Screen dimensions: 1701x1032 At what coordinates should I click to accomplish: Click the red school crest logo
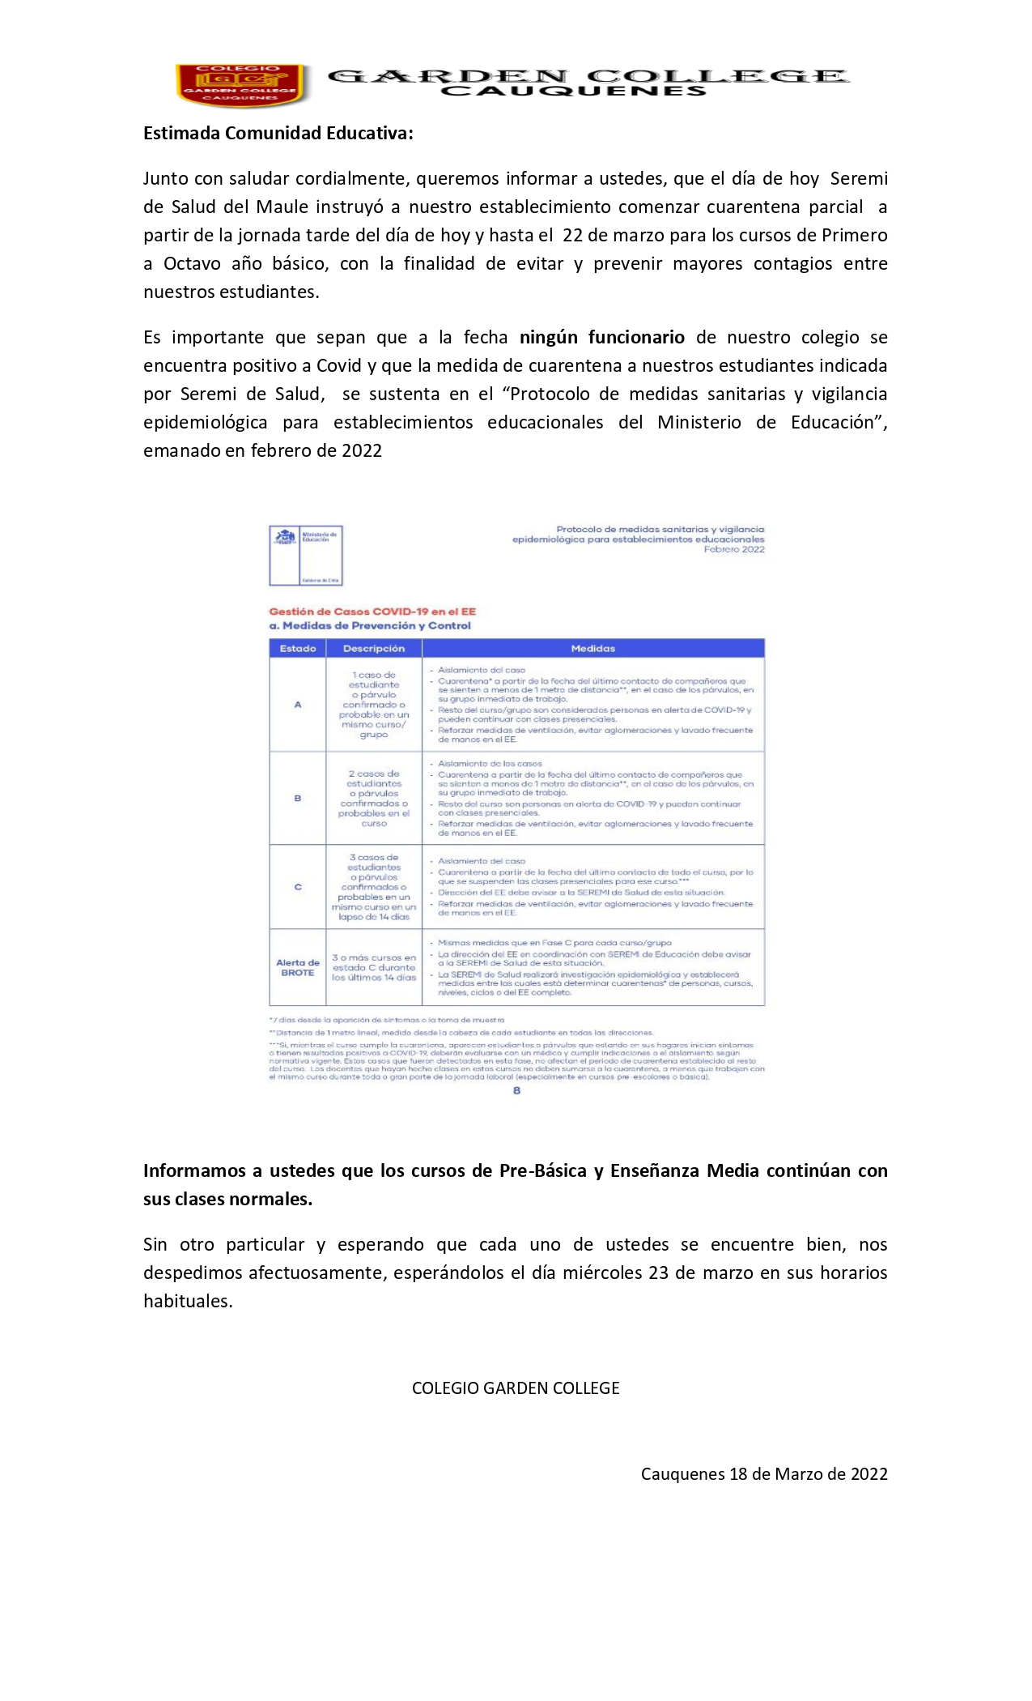coord(240,84)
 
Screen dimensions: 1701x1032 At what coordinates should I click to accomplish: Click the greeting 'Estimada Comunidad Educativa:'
coord(278,134)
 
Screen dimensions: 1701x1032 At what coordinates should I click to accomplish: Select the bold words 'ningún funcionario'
coord(601,337)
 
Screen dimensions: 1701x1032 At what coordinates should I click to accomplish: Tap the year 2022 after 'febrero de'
coord(361,451)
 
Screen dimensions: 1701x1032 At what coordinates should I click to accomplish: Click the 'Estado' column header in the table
coord(297,648)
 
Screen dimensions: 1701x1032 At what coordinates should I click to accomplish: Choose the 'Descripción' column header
coord(374,648)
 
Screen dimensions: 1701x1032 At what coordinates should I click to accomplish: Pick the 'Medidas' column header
coord(592,648)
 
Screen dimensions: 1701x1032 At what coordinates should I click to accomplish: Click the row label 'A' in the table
coord(297,705)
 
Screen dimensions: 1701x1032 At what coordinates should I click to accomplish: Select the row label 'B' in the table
coord(297,798)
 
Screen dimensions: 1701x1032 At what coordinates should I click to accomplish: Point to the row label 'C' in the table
coord(297,887)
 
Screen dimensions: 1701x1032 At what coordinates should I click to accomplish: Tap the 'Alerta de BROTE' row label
coord(297,967)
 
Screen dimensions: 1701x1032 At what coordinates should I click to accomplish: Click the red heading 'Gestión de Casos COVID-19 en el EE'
coord(372,612)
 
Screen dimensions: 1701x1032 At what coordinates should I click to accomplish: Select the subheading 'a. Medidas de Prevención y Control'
coord(369,625)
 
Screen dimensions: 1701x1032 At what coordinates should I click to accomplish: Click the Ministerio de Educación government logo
coord(306,555)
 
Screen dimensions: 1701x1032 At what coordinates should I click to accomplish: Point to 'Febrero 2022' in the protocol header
coord(733,549)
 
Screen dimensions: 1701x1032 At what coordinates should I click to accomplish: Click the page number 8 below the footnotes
coord(516,1090)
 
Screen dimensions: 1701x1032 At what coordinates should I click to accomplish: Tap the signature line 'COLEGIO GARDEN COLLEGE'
coord(516,1388)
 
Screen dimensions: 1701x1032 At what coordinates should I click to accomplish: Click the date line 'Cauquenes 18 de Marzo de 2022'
coord(764,1474)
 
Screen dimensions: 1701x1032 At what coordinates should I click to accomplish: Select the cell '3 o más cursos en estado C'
coord(374,967)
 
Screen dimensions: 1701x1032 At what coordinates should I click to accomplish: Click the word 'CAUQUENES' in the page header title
coord(573,92)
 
